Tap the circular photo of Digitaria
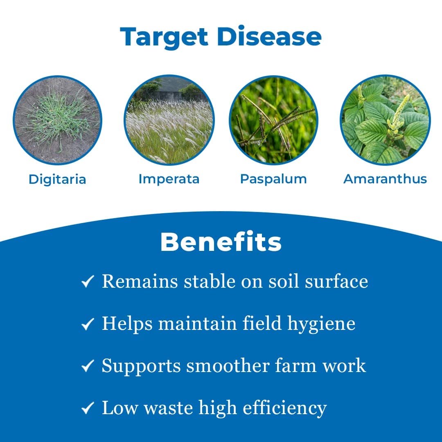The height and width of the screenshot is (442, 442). coord(57,120)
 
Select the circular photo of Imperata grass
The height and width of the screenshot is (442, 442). coord(169,120)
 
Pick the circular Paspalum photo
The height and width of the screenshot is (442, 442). coord(273,120)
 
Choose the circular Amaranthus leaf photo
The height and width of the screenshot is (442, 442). coord(385,120)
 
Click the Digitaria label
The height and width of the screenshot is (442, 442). coord(57,179)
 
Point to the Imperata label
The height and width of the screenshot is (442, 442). coord(169,179)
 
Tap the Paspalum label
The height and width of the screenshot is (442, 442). coord(273,179)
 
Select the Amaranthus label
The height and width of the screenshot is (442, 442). coord(385,179)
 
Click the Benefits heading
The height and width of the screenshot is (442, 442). coord(221,242)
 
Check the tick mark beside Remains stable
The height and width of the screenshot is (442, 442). coord(88,282)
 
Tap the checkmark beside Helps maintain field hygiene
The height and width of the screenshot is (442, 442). coord(88,325)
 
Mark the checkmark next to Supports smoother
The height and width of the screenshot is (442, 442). coord(88,366)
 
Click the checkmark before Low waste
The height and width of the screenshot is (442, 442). coord(88,408)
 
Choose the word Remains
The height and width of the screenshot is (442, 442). coord(140,282)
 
